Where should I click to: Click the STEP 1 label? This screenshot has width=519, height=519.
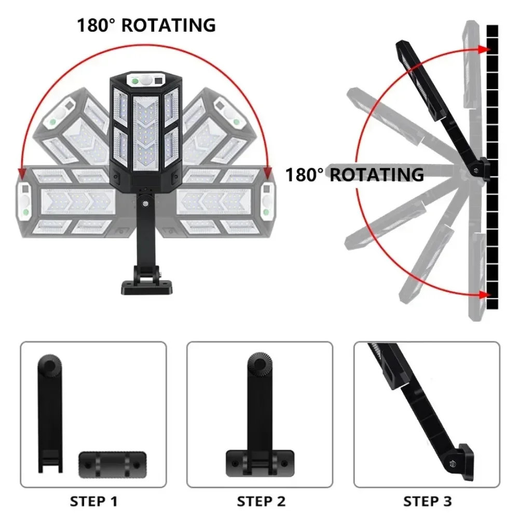pyautogui.click(x=93, y=501)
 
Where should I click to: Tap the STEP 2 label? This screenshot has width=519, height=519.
pyautogui.click(x=261, y=501)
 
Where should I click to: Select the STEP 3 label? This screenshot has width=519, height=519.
pyautogui.click(x=428, y=501)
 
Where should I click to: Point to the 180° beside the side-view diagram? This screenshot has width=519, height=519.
pyautogui.click(x=305, y=175)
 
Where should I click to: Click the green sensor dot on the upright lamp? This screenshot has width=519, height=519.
pyautogui.click(x=134, y=81)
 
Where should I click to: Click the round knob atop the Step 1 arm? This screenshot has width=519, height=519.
pyautogui.click(x=50, y=365)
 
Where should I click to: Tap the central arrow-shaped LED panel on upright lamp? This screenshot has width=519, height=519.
pyautogui.click(x=145, y=130)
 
